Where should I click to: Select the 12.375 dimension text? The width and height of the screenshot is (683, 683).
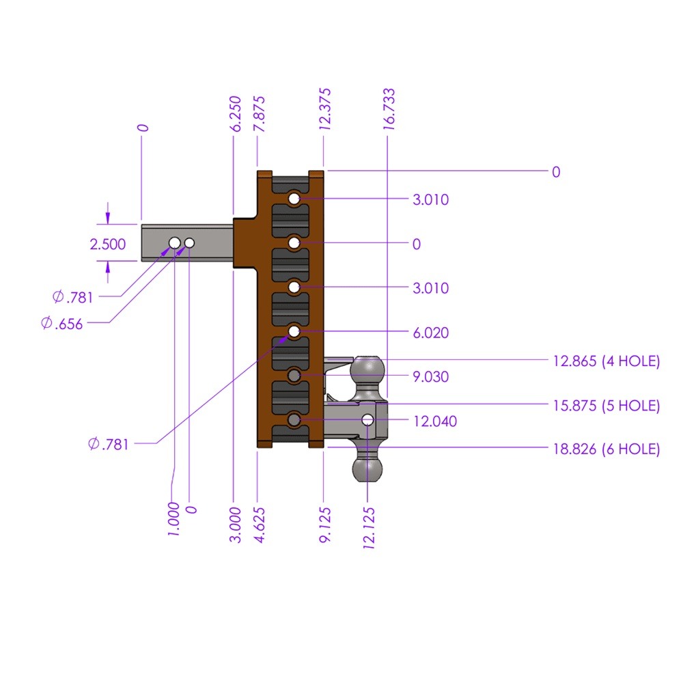click(325, 109)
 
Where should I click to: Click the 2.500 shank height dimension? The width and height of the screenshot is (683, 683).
click(108, 244)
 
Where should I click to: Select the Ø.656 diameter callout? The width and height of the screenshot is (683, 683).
click(62, 324)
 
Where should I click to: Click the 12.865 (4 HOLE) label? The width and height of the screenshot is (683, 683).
click(606, 362)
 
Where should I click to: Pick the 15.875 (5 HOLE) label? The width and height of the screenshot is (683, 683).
click(606, 406)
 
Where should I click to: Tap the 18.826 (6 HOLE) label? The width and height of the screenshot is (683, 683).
click(606, 449)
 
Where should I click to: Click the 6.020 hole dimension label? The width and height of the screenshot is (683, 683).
click(431, 333)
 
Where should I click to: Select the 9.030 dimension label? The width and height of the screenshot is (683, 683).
click(431, 377)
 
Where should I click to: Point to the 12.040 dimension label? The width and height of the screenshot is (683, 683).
click(435, 421)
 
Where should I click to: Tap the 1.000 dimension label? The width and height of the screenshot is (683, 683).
click(173, 519)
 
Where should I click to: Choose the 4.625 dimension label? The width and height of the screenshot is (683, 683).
click(260, 525)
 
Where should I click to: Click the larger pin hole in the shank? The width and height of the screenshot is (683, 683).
click(174, 243)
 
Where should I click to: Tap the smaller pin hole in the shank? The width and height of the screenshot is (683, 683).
click(189, 243)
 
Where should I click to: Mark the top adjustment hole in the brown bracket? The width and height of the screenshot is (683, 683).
click(294, 198)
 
